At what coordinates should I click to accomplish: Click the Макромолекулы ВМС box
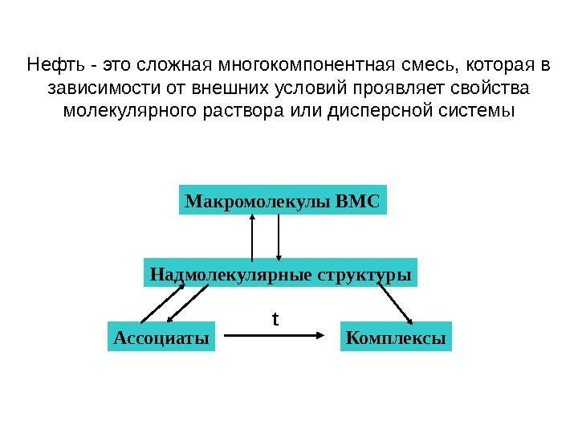(282, 199)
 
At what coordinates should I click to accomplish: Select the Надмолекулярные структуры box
(281, 274)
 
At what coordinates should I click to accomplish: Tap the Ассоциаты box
(161, 338)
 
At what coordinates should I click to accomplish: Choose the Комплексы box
(395, 338)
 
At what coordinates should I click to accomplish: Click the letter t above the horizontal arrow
(275, 319)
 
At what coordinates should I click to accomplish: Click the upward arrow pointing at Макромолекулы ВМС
(253, 239)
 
